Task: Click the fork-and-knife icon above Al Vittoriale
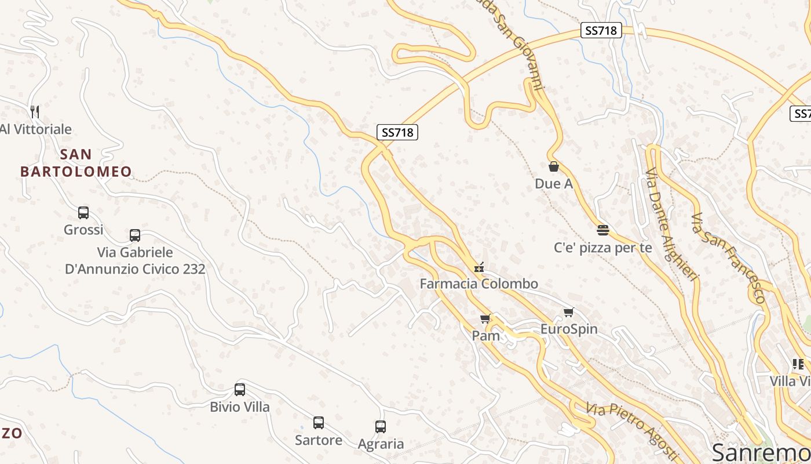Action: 35,111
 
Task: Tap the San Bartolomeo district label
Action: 76,163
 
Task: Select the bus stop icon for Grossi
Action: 83,213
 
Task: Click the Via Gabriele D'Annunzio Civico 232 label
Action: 135,260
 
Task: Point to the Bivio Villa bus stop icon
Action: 240,390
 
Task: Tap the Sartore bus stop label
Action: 319,440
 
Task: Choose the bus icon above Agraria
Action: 381,427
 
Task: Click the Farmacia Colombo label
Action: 479,284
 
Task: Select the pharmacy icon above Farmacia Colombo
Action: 479,267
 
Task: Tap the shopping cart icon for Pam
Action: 485,318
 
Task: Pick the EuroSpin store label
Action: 569,329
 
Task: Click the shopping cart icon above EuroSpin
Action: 569,313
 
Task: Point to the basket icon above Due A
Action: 554,167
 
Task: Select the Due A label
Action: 554,184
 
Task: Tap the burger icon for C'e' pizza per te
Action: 603,230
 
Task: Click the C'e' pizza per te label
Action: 603,248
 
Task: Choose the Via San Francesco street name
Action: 728,259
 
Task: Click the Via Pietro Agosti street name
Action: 631,429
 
